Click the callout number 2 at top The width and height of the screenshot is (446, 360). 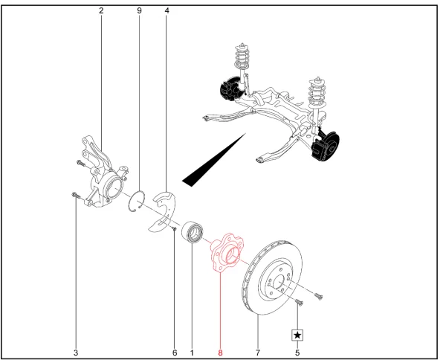point(100,11)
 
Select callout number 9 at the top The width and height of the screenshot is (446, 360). point(139,11)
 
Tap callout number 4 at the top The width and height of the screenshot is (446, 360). point(166,11)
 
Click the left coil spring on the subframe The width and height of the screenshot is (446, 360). point(242,60)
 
